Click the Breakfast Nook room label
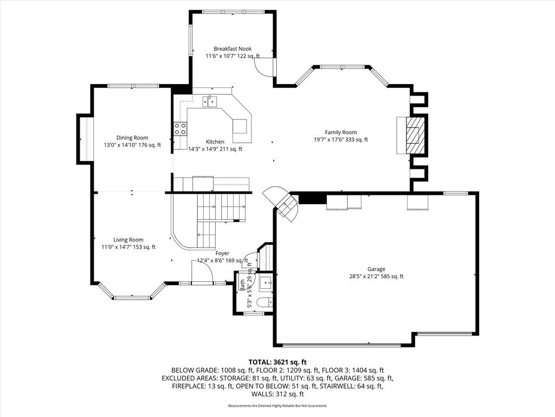(x=233, y=48)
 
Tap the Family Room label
(x=341, y=132)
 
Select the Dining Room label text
(x=132, y=137)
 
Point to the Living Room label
(x=128, y=239)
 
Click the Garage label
(x=376, y=269)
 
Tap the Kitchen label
(x=215, y=142)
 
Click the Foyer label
(x=222, y=253)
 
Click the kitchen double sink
(x=210, y=102)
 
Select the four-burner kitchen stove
(x=180, y=129)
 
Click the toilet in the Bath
(x=264, y=303)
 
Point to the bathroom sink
(x=266, y=282)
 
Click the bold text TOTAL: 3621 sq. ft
(x=277, y=362)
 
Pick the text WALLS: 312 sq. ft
(x=277, y=394)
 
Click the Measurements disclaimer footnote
(x=277, y=405)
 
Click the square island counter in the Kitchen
(x=240, y=126)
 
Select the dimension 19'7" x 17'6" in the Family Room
(x=341, y=140)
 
